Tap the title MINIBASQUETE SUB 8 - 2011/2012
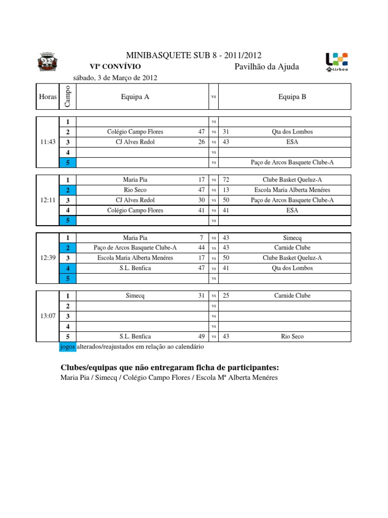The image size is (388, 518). coord(193,56)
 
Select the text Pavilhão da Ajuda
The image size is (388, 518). coord(267,67)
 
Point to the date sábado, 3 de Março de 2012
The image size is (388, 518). coord(116,78)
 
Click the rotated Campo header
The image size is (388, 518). coord(68,96)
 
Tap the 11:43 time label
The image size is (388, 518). coord(47,142)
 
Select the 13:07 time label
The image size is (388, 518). coord(47,316)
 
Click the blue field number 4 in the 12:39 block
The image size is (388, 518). coord(68,268)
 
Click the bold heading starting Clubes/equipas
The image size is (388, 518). coord(169,367)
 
